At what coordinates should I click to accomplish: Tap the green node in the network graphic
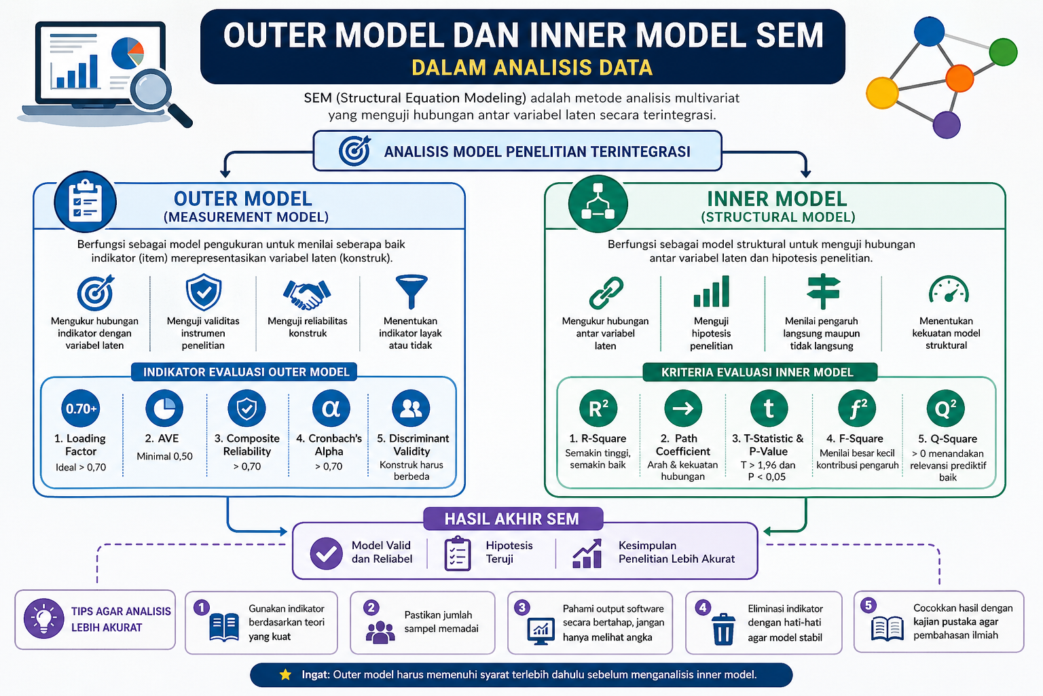(1002, 52)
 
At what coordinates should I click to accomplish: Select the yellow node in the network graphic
(882, 93)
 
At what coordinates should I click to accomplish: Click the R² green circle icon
(598, 408)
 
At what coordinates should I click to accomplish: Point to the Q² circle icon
(945, 408)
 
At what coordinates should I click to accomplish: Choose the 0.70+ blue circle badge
(81, 408)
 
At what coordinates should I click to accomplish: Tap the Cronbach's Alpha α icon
(331, 408)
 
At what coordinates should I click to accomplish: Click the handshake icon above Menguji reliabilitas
(307, 293)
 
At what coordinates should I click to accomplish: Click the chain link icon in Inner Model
(606, 293)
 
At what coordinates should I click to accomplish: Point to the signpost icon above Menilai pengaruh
(822, 292)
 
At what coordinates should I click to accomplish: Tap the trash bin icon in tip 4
(723, 629)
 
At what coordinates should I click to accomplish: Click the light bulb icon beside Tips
(44, 619)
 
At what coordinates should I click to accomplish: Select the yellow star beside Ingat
(286, 674)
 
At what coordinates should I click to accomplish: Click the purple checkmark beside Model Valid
(327, 553)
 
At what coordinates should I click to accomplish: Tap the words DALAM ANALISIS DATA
(532, 68)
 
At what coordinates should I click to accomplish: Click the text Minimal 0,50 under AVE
(164, 456)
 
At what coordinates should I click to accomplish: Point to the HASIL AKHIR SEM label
(512, 519)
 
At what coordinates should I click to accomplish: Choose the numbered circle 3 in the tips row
(522, 608)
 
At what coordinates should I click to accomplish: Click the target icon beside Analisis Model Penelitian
(354, 151)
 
